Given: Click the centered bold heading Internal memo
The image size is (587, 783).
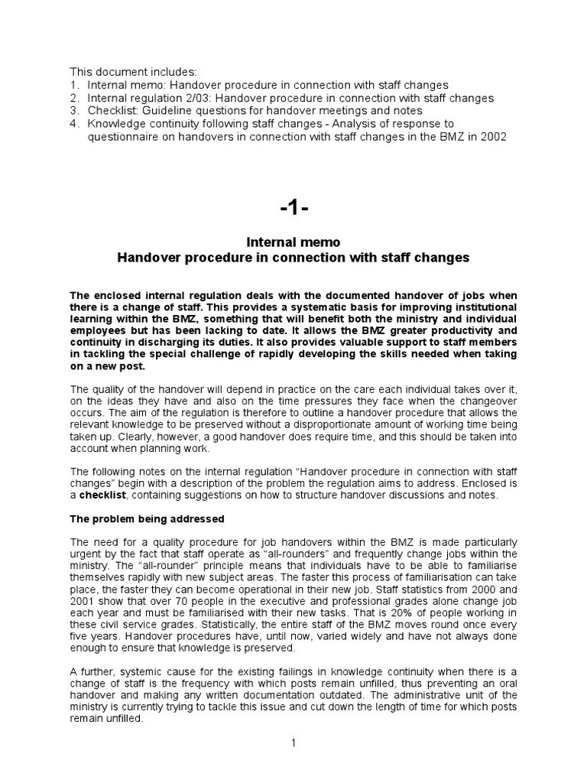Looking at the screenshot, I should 293,242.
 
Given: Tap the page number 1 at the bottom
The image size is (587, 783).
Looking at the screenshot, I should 293,743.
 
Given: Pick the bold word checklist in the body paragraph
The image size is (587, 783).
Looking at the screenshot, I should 105,495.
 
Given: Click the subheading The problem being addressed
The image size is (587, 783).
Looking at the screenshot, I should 147,519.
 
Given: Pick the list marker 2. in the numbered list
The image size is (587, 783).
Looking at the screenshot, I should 74,99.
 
